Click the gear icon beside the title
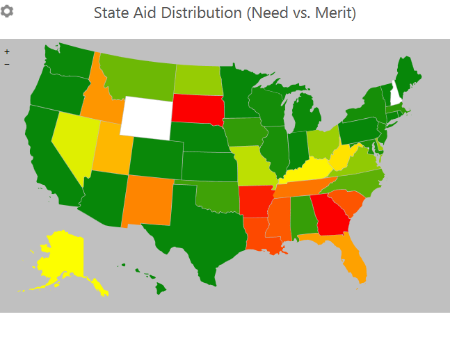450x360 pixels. pyautogui.click(x=6, y=12)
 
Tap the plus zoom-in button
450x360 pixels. pyautogui.click(x=7, y=51)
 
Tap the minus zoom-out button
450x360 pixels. pyautogui.click(x=7, y=64)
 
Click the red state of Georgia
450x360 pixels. pyautogui.click(x=329, y=215)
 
